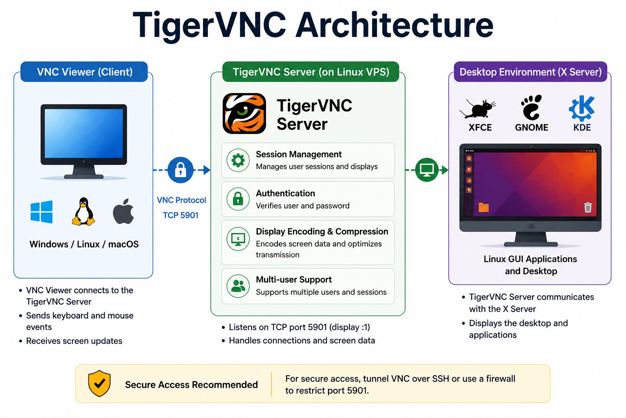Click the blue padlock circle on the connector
click(180, 170)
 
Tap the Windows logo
click(41, 212)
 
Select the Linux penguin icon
click(83, 211)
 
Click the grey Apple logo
click(123, 211)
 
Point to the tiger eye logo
click(244, 113)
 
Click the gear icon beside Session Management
click(238, 160)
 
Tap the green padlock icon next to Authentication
click(238, 199)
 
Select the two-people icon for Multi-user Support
click(238, 286)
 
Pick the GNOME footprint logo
click(531, 107)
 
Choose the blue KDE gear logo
click(582, 108)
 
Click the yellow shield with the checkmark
click(99, 384)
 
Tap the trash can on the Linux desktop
click(588, 207)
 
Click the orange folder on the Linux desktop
click(483, 207)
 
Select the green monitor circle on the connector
click(427, 170)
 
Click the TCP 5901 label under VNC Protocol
click(181, 215)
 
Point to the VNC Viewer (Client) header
click(84, 72)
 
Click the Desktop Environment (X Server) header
click(530, 72)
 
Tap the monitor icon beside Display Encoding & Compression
click(238, 239)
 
